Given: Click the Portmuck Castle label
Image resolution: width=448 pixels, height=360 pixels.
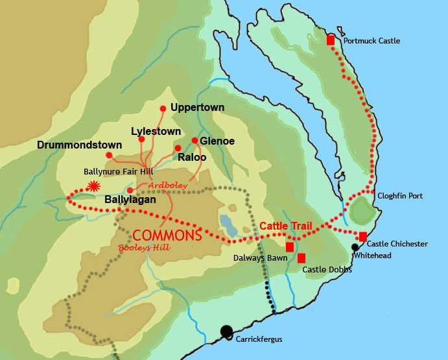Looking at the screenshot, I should pyautogui.click(x=371, y=41).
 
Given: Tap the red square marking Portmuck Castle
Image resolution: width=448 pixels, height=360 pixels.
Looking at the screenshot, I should pyautogui.click(x=331, y=40).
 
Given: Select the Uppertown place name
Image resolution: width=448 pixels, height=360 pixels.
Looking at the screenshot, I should pyautogui.click(x=197, y=107).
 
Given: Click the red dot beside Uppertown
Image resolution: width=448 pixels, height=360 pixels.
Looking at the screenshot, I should pyautogui.click(x=163, y=108).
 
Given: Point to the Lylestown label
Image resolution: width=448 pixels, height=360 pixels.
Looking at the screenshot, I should pyautogui.click(x=156, y=131).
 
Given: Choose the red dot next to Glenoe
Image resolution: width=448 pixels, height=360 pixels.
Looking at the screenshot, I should pyautogui.click(x=195, y=140).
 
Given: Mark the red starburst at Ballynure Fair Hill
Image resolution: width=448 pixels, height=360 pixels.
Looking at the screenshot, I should pyautogui.click(x=95, y=186).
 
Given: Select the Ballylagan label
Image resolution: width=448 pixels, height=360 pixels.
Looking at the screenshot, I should pyautogui.click(x=130, y=200).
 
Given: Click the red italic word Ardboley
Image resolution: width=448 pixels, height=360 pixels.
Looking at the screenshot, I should pyautogui.click(x=168, y=186).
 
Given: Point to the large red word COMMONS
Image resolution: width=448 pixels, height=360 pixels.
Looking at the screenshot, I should pyautogui.click(x=167, y=235).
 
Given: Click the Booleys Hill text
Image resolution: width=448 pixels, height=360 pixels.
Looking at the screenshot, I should pyautogui.click(x=141, y=248).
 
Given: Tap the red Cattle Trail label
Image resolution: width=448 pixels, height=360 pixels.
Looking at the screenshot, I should pyautogui.click(x=286, y=226).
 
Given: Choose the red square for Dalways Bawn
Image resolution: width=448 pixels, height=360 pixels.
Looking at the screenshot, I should pyautogui.click(x=290, y=246).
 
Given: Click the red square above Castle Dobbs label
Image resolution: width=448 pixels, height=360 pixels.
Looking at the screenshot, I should pyautogui.click(x=301, y=258).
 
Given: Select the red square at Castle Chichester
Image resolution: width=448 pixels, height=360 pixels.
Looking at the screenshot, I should pyautogui.click(x=363, y=236).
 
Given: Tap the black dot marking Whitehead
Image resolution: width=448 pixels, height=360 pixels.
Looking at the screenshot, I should pyautogui.click(x=355, y=246).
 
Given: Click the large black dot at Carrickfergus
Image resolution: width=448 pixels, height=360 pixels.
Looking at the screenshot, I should pyautogui.click(x=226, y=331).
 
